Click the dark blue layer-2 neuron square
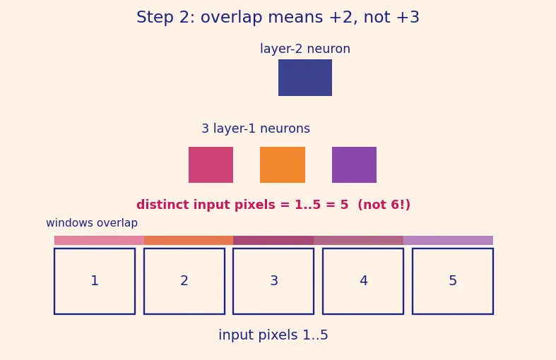tap(305, 78)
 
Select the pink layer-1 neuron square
tap(211, 164)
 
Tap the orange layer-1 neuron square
tap(283, 164)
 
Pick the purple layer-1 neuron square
tap(354, 164)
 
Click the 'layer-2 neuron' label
tap(305, 49)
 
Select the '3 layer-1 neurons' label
tap(256, 128)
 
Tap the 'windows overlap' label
tap(92, 223)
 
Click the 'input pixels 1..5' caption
tap(273, 335)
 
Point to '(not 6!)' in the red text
tap(384, 205)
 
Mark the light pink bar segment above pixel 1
tap(100, 240)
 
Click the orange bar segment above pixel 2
tap(189, 240)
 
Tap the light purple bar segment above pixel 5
tap(448, 240)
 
